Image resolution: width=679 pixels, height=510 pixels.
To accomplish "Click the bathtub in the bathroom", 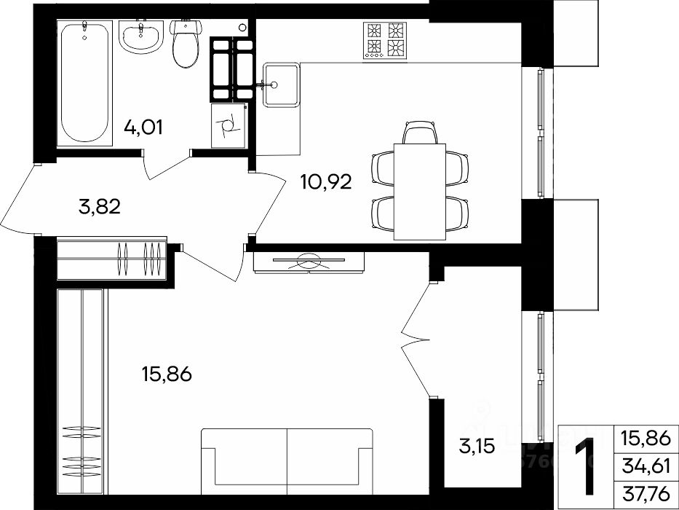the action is pos(85,83).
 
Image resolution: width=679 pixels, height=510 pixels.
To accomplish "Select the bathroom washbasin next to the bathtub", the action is pos(140,38).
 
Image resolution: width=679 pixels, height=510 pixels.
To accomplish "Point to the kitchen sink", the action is pos(282,85).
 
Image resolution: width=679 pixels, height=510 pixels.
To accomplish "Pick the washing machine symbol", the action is pos(229,126).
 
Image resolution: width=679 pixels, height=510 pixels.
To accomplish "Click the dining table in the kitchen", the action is pos(420,192).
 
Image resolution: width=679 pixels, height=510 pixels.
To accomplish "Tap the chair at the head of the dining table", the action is pos(420,133).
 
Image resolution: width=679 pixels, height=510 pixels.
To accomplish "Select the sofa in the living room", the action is pos(287,461).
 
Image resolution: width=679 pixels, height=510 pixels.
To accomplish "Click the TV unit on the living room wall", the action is pos(309,262).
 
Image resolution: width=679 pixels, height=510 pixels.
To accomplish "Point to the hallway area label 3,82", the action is pos(100,207).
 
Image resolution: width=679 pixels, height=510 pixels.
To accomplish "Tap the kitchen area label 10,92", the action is pos(326,183).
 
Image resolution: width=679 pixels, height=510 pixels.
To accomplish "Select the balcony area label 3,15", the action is pos(477,446).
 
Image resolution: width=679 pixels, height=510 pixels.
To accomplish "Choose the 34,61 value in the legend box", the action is pos(646,466).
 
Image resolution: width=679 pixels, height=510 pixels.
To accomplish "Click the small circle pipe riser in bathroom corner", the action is pos(242,27).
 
